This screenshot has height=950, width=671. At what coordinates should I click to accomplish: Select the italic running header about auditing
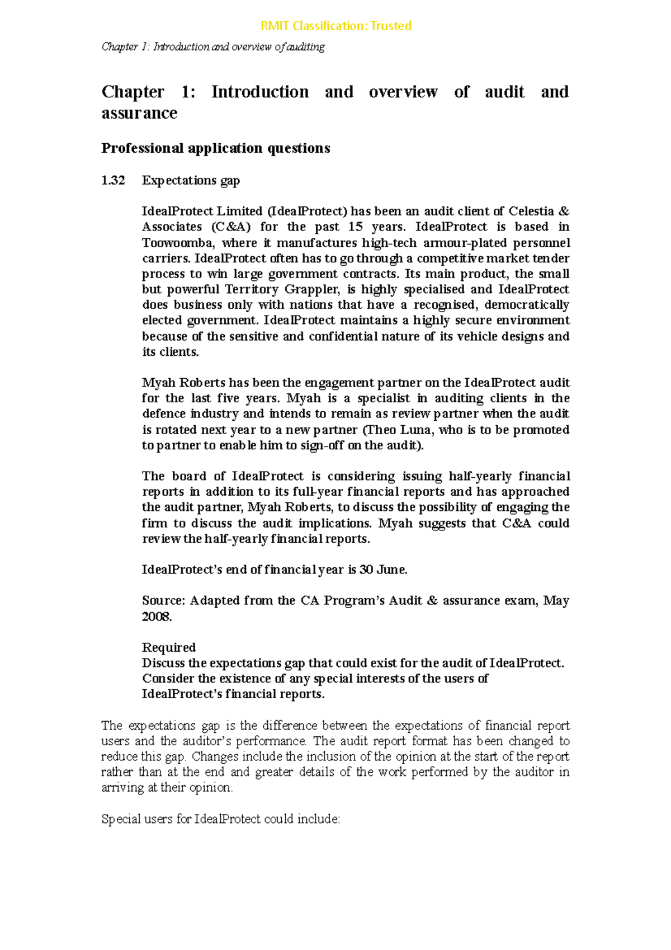(x=213, y=47)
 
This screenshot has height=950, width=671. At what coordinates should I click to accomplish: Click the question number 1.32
(x=113, y=180)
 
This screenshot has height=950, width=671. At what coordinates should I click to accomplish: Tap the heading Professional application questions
(x=215, y=148)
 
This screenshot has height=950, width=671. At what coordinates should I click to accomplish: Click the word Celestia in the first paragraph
(x=531, y=211)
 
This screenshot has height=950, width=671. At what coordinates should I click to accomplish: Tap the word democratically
(x=526, y=305)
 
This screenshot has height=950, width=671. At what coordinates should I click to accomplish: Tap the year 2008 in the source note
(x=156, y=617)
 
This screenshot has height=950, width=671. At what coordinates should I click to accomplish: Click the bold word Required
(x=169, y=647)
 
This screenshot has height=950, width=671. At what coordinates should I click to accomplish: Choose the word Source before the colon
(x=162, y=601)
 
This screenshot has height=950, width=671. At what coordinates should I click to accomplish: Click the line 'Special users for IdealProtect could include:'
(x=220, y=819)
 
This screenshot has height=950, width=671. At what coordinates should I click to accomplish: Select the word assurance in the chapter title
(x=139, y=113)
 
